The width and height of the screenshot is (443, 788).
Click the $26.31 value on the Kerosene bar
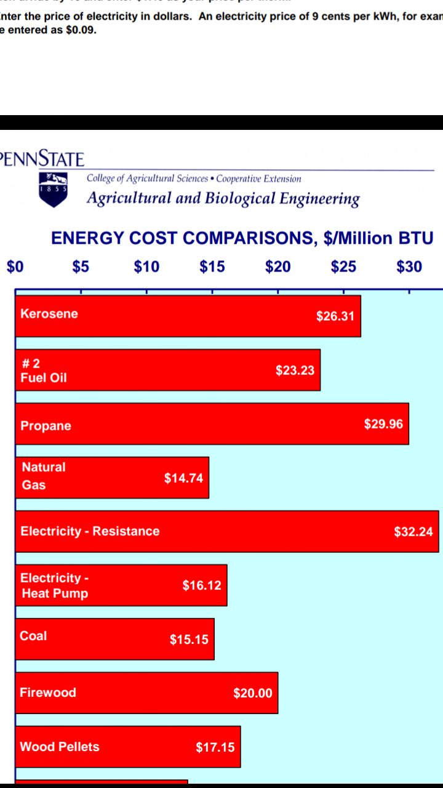point(335,316)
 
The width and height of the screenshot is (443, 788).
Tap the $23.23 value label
point(295,371)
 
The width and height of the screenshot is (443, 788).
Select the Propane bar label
point(46,426)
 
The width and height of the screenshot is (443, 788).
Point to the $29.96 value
point(384,424)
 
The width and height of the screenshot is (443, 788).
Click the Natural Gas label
point(43,476)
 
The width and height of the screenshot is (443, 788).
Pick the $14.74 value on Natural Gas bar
point(183,478)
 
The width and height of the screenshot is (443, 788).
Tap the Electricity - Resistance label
point(90,531)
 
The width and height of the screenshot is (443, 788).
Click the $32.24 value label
point(413,532)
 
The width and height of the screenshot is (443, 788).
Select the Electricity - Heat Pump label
point(54,585)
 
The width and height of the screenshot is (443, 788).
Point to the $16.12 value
point(202,585)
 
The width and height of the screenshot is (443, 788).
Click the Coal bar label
point(33,636)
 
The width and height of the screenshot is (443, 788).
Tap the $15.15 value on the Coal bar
point(189,640)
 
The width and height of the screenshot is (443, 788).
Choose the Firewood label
point(48,693)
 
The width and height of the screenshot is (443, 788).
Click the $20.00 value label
point(253,693)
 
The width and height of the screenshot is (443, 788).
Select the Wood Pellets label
point(59,747)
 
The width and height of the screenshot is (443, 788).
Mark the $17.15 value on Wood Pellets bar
point(215,747)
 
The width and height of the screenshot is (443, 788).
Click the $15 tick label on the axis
point(212,267)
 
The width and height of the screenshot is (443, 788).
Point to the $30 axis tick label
point(409,267)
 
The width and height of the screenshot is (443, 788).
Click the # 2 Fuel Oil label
point(43,371)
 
